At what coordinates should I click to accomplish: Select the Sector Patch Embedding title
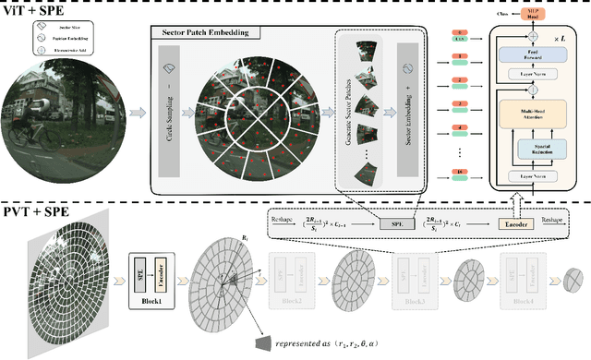click(204, 32)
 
